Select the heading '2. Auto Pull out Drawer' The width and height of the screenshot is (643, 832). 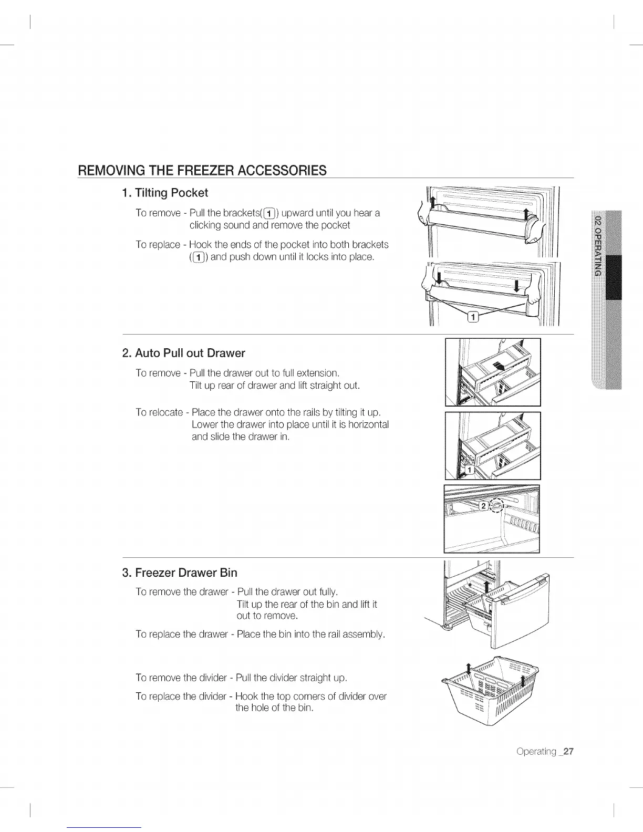click(x=184, y=353)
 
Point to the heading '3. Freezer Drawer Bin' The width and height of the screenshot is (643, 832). click(x=180, y=572)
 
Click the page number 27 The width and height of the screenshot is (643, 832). click(x=568, y=751)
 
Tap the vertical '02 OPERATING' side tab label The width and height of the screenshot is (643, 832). click(x=597, y=245)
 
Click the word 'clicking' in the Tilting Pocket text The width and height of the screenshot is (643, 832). click(x=206, y=225)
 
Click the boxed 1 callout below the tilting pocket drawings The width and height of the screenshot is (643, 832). click(x=473, y=316)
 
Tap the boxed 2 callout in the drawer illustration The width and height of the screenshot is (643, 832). click(x=483, y=505)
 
